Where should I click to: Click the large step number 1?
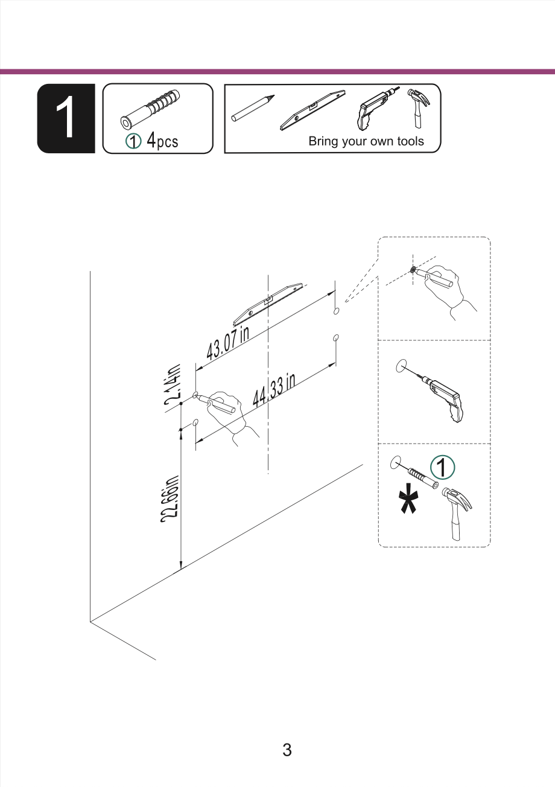[65, 118]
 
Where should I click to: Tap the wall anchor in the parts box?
[150, 110]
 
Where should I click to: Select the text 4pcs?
[162, 140]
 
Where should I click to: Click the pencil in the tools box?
[253, 108]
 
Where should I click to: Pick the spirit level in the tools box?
[312, 110]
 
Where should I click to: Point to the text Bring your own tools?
[366, 141]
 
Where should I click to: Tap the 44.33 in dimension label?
[274, 390]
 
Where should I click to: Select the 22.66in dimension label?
[170, 499]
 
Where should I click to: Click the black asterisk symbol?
[408, 499]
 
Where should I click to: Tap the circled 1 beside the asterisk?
[443, 467]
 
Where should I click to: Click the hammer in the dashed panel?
[457, 514]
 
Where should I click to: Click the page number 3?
[287, 750]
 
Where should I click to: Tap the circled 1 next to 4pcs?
[133, 141]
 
